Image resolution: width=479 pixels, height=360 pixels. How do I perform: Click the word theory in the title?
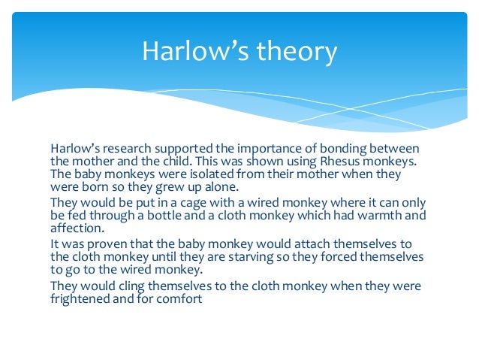[x=297, y=52]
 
